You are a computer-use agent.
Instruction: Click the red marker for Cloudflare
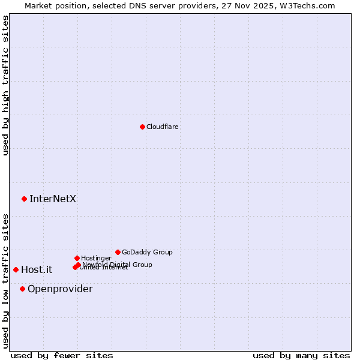[142, 127]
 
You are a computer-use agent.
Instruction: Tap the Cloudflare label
[163, 127]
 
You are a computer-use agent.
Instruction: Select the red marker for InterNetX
[24, 199]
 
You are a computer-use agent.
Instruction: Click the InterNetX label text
[53, 199]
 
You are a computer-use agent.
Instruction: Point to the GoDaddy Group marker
[118, 252]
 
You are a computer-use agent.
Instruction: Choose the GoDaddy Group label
[147, 252]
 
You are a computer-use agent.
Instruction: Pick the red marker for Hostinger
[77, 258]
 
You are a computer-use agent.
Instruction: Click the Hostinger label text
[96, 258]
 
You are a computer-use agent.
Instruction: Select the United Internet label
[103, 268]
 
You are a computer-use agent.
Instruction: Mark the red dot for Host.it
[16, 269]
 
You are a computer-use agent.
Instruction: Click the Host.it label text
[37, 269]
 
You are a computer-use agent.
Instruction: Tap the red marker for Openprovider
[22, 289]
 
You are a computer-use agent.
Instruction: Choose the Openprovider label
[60, 289]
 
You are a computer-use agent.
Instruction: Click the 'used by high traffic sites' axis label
[5, 85]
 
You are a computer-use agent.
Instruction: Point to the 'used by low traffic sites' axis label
[5, 281]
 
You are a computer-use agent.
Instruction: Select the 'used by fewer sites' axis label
[62, 355]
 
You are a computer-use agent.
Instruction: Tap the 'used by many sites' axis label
[301, 355]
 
